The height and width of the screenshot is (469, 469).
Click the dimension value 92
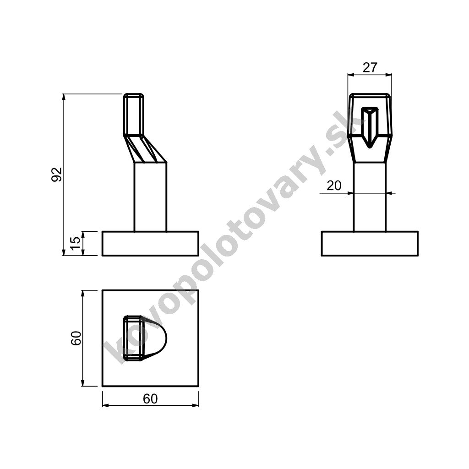[x=56, y=175]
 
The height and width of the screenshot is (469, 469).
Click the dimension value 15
[x=76, y=244]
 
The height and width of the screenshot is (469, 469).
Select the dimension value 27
[x=370, y=68]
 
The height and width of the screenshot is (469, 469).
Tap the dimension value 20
[x=334, y=186]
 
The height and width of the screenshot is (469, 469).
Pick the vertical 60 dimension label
[x=76, y=338]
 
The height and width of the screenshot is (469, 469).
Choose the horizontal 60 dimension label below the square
[x=150, y=399]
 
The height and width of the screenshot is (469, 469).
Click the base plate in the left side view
[x=150, y=244]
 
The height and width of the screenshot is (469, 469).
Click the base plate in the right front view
[x=370, y=244]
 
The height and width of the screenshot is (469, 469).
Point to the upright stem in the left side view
[x=150, y=197]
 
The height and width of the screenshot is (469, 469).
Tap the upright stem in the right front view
[x=370, y=197]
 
